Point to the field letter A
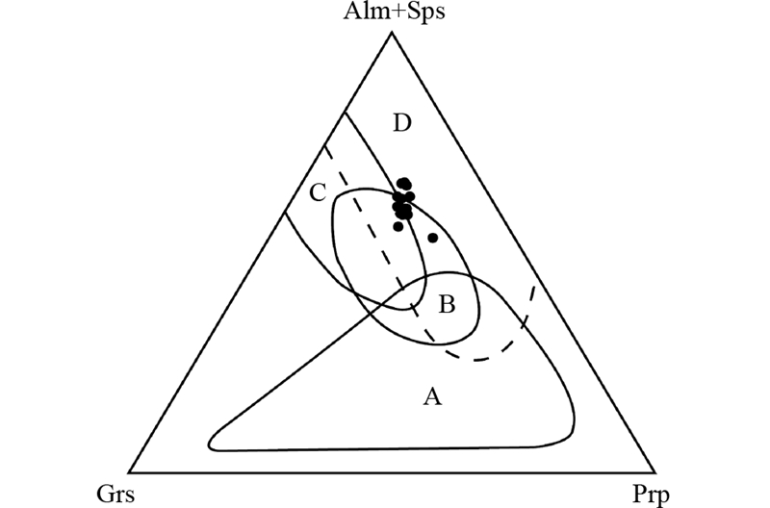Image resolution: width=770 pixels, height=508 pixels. point(433,395)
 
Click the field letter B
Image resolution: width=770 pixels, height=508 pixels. point(447,306)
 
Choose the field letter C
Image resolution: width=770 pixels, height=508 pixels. point(317,193)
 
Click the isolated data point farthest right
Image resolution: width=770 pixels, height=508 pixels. point(433,238)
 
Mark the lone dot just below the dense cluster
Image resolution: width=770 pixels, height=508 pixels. point(398,227)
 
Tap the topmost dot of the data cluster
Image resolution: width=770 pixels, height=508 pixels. point(404,183)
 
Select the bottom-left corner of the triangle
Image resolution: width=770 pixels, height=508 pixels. point(129,472)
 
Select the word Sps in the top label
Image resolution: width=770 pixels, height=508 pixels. point(417,13)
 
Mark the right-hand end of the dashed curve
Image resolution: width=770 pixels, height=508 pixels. point(535,282)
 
